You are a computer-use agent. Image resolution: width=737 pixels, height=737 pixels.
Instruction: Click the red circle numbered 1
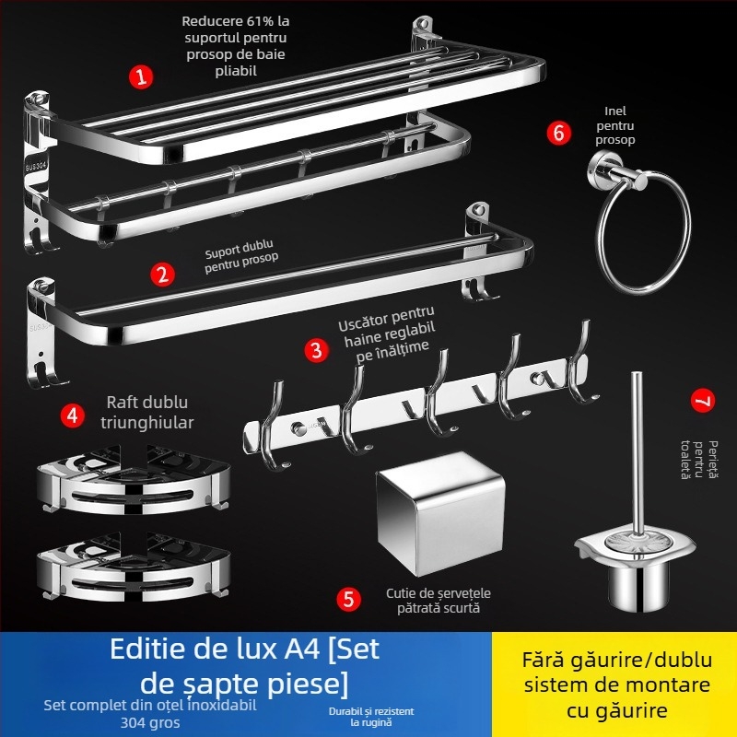tap(140, 76)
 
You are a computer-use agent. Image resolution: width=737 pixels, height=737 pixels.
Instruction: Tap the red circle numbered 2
tap(163, 274)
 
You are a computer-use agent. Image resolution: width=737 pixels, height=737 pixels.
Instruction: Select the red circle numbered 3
tap(317, 349)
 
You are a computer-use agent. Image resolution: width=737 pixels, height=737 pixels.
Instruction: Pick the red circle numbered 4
tap(73, 415)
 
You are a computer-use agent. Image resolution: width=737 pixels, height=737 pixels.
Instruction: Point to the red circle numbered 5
tap(348, 599)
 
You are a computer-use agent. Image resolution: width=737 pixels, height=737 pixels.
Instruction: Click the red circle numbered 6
tap(558, 132)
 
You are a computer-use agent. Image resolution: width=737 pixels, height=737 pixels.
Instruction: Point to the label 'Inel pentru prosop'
tap(615, 123)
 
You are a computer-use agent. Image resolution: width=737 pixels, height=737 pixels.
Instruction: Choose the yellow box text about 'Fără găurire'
tap(616, 684)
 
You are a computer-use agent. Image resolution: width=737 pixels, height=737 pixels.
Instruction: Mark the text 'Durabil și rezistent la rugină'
tap(371, 717)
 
